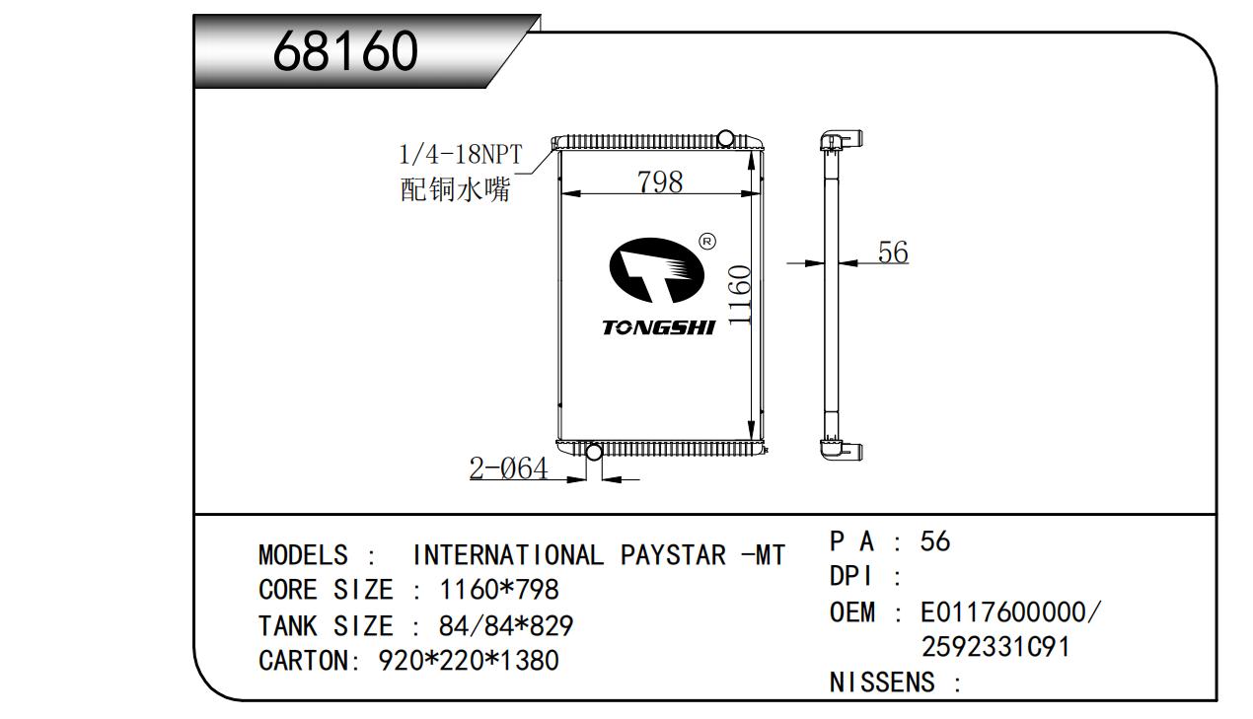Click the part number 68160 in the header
[345, 51]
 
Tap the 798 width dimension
[660, 181]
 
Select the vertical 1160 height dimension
[740, 295]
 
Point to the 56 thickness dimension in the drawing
[893, 252]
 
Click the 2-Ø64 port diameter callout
[508, 467]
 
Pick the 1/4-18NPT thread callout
[461, 154]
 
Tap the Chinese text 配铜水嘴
[456, 189]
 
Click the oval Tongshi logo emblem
[656, 270]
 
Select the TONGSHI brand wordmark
[659, 327]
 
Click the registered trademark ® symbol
[707, 242]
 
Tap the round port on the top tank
[725, 137]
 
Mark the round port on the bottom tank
[594, 451]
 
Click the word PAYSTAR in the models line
[673, 555]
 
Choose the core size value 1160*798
[499, 590]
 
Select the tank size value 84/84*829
[506, 625]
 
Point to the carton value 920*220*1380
[469, 661]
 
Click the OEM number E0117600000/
[1010, 612]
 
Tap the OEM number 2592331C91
[995, 647]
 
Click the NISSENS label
[882, 683]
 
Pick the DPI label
[850, 576]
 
